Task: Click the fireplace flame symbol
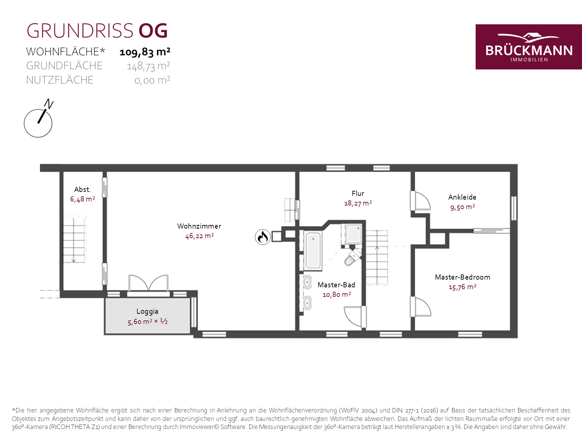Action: coord(263,237)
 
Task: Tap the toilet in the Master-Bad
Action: coord(353,258)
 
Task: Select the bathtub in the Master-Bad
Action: coord(313,250)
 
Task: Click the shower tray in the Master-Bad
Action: coord(354,234)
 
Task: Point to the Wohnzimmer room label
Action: coord(199,226)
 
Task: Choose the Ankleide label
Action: coord(462,197)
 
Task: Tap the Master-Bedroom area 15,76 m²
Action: coord(462,287)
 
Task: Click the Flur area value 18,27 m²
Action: coord(358,203)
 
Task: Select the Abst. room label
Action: coord(83,190)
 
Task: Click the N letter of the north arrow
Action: coord(49,104)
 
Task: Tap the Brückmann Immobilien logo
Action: coord(529,47)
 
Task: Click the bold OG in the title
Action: coord(153,31)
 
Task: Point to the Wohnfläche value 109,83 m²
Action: coord(145,52)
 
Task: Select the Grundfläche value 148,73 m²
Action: coord(148,66)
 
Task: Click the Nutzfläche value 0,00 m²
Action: coord(152,80)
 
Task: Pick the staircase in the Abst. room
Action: coord(74,240)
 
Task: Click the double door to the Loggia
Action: coord(149,284)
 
